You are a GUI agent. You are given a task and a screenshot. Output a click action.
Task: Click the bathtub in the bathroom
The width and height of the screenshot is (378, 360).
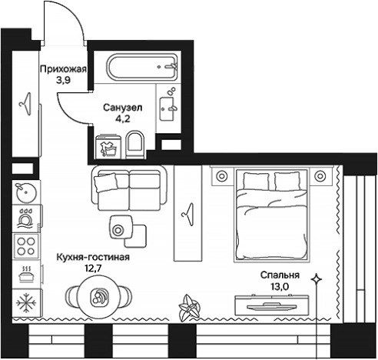(x=142, y=67)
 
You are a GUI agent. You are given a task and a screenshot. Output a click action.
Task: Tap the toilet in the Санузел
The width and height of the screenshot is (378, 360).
(x=135, y=145)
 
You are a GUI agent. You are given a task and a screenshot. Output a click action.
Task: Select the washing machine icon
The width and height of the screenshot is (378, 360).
(x=107, y=147)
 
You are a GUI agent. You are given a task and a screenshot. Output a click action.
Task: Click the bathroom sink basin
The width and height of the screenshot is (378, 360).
(x=166, y=108)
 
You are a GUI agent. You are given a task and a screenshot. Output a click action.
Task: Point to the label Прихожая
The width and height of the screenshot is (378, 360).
(x=63, y=69)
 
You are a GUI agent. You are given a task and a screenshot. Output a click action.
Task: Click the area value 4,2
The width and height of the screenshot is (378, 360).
(x=123, y=119)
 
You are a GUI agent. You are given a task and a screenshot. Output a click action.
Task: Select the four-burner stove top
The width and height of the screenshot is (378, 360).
(x=26, y=246)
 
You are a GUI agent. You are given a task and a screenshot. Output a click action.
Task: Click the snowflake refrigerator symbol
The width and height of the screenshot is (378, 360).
(x=26, y=303)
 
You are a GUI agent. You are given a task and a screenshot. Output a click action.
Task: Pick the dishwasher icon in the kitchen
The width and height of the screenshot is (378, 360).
(x=26, y=218)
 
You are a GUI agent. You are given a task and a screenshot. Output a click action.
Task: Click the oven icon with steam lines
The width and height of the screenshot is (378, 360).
(x=26, y=275)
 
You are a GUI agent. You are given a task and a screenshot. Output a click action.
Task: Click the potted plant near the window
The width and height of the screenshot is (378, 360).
(x=189, y=308)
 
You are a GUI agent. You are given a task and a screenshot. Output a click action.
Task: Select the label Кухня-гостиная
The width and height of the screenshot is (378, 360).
(x=93, y=257)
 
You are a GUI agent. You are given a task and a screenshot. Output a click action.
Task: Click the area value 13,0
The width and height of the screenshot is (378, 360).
(x=280, y=286)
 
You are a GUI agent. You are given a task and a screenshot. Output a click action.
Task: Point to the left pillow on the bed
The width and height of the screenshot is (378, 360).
(x=256, y=181)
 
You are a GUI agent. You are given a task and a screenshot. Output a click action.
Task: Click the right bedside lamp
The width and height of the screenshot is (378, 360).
(x=320, y=176)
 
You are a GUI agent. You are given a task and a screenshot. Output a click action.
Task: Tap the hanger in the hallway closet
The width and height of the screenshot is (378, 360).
(x=26, y=104)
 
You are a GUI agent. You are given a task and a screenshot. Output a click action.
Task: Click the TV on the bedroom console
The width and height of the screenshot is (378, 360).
(x=272, y=306)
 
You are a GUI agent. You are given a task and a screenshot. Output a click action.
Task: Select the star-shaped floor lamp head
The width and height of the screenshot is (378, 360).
(x=317, y=279)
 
